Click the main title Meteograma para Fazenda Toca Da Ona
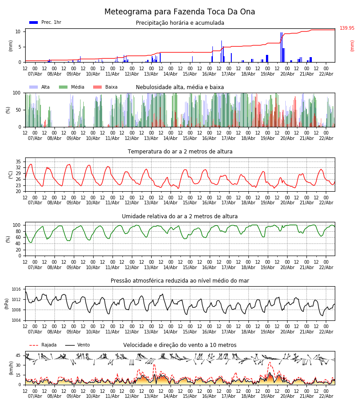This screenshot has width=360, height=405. pos(180,12)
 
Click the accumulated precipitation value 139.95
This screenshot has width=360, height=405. pos(346,28)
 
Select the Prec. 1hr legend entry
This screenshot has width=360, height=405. pos(45,22)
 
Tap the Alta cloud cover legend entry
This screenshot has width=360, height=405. pos(41,87)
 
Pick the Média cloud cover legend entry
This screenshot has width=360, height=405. pos(72,87)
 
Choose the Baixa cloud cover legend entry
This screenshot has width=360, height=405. pos(105,87)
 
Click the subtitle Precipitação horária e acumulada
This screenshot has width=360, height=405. pos(180,23)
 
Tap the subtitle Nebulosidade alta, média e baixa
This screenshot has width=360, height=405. pos(180,87)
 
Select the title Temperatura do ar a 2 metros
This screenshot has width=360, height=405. pos(180,152)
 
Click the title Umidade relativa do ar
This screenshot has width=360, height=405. pos(180,216)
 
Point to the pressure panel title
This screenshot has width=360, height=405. pos(180,281)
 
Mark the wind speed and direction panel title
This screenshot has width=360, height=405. pos(180,345)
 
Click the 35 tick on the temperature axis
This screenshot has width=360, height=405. pos(18,162)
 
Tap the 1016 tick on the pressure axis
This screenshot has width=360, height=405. pos(16,289)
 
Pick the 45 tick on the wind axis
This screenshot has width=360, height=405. pos(18,355)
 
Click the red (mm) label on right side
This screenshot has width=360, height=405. pos(352,45)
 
